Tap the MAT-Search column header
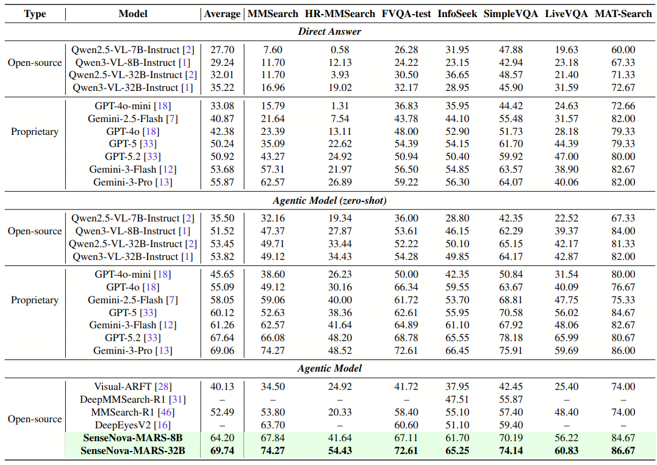tap(623, 13)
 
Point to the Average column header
tap(222, 13)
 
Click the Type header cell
tap(35, 13)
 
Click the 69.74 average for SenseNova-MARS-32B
tap(222, 451)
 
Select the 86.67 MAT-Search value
tap(623, 451)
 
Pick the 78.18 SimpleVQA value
tap(511, 337)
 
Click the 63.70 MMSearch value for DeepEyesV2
tap(273, 425)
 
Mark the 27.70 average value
tap(222, 49)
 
